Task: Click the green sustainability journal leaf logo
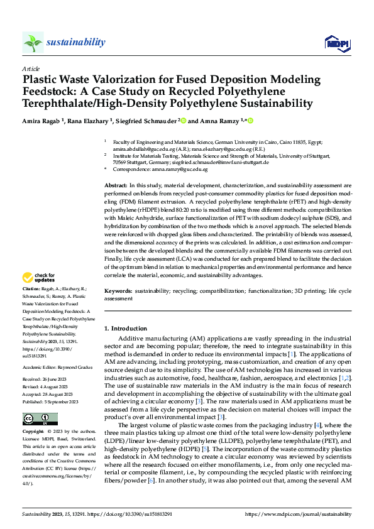point(33,42)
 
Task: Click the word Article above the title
point(30,68)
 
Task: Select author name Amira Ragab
point(41,120)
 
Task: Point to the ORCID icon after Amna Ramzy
point(250,119)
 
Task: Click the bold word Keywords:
point(118,292)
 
